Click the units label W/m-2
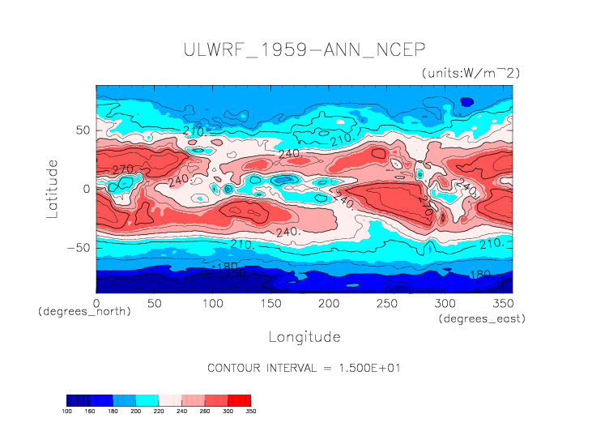click(x=471, y=73)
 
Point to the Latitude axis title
click(x=53, y=188)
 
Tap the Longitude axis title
click(x=304, y=336)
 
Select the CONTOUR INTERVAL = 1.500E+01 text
click(x=304, y=368)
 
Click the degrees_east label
click(x=483, y=319)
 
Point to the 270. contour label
click(x=122, y=169)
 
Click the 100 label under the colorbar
click(x=67, y=411)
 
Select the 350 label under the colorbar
click(x=250, y=411)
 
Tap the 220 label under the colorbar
click(x=159, y=411)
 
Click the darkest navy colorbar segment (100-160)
click(x=78, y=400)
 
